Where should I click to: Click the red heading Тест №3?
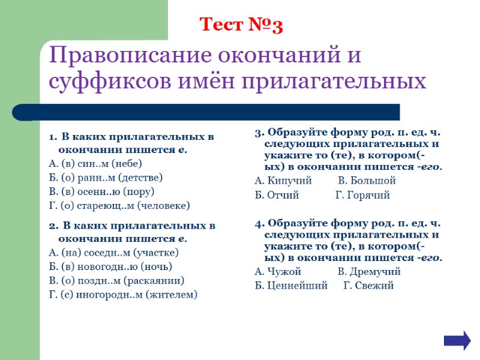click(x=241, y=25)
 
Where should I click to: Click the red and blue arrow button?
click(x=457, y=340)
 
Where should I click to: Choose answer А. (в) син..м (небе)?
click(x=95, y=163)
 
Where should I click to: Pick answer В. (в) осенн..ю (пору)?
click(x=101, y=191)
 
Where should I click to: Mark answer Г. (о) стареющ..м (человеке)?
click(x=119, y=206)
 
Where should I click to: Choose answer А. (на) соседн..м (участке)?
click(x=113, y=253)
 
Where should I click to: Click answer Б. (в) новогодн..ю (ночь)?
click(x=110, y=266)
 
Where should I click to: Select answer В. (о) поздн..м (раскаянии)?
click(x=116, y=280)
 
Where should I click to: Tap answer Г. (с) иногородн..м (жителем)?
click(x=122, y=295)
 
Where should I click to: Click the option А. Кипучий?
click(x=283, y=181)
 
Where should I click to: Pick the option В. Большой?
click(x=367, y=181)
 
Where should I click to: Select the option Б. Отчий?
click(x=277, y=195)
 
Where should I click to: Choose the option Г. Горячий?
click(x=362, y=195)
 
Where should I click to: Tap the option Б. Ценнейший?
click(x=291, y=286)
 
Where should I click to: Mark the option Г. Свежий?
click(x=368, y=286)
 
